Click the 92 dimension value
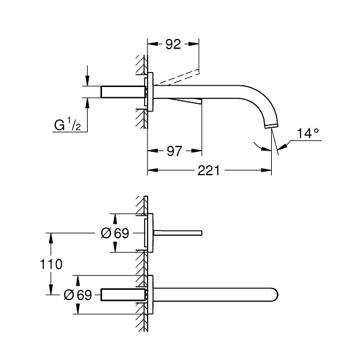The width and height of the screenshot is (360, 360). pos(173,44)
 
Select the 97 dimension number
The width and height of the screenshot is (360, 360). pos(175,151)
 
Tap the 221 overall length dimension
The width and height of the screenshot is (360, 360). pos(208,170)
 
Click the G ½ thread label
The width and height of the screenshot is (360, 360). pos(67,125)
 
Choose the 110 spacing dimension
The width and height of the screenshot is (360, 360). pos(51,264)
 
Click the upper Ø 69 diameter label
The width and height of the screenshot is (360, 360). pos(115,233)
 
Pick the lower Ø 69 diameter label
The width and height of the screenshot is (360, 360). pos(78,295)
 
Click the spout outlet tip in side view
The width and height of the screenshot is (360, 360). pos(271,125)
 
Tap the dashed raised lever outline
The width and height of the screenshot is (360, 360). pos(177,77)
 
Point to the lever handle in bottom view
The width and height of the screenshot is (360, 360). pos(178,233)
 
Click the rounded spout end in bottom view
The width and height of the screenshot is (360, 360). pos(275,295)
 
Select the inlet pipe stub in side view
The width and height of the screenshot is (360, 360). pos(123,92)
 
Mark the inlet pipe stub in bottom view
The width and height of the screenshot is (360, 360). pos(123,295)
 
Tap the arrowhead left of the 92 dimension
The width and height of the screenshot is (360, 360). pos(152,44)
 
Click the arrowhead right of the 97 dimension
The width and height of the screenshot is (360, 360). pos(197,151)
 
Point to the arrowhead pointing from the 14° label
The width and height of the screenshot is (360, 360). pos(283,146)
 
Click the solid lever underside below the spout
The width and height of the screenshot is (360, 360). pos(187,101)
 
